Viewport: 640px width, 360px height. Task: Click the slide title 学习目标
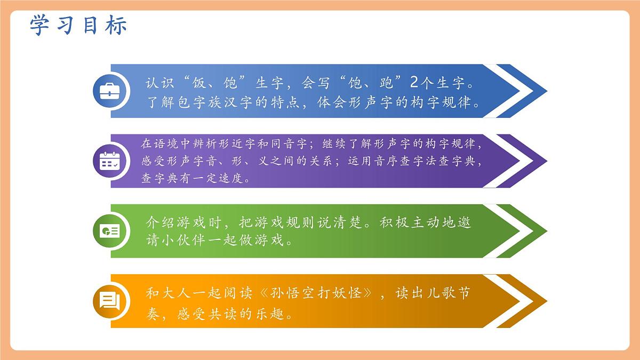click(78, 26)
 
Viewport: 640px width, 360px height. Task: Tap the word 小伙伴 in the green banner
click(183, 239)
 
